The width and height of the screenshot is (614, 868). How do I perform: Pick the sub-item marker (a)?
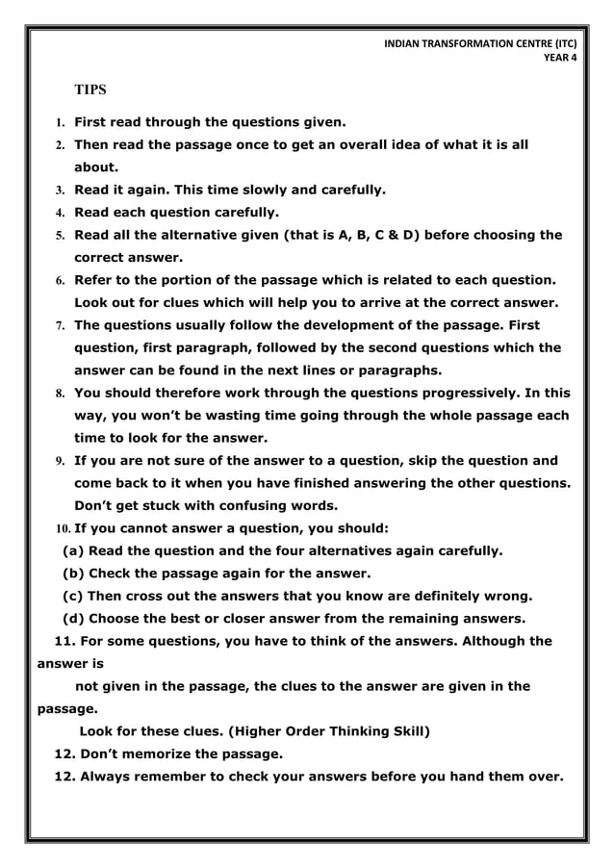pyautogui.click(x=72, y=551)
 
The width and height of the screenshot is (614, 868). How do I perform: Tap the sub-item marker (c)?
pyautogui.click(x=72, y=596)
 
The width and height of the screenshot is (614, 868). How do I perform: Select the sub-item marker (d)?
pyautogui.click(x=72, y=618)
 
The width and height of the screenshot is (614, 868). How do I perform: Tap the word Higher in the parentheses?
pyautogui.click(x=269, y=730)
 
